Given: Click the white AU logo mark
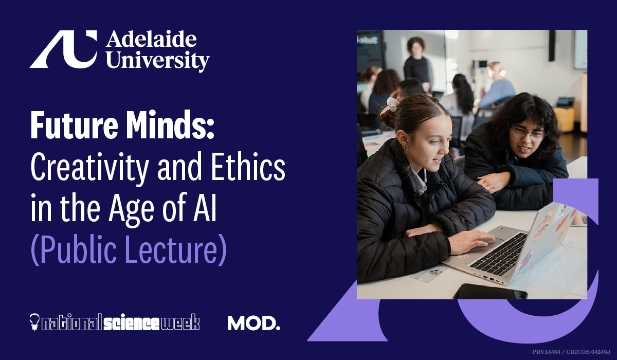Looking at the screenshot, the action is (64, 49).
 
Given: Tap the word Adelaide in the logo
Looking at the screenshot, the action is (151, 40).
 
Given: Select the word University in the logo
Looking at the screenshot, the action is (158, 61).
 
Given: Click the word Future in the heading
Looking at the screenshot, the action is (75, 125).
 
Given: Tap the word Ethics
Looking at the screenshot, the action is (248, 166).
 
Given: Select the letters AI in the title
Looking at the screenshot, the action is (205, 207).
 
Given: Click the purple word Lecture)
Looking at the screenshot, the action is (176, 249).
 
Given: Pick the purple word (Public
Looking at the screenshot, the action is (74, 249).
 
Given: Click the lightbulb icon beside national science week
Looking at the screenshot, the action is (34, 322).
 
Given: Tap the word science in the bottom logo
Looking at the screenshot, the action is (132, 322).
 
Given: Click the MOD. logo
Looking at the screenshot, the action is (253, 323).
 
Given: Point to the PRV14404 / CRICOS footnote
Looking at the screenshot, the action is (571, 352).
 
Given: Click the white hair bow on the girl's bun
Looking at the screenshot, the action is (389, 105).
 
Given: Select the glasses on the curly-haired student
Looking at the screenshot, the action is (527, 133).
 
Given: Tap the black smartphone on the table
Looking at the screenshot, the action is (491, 292).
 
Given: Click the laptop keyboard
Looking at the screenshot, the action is (499, 254).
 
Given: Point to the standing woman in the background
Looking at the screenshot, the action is (418, 64).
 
